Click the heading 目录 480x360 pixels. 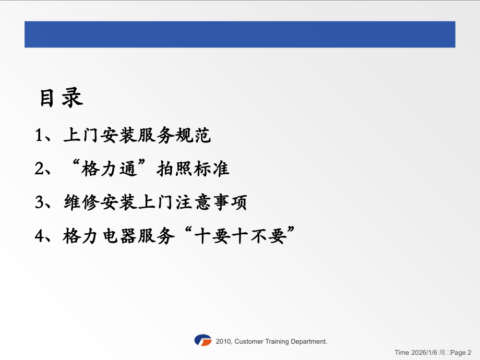62,98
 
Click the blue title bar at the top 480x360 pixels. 239,34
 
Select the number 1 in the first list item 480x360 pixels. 40,136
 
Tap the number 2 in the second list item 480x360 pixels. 40,169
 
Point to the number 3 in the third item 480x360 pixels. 40,202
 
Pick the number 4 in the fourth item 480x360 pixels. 40,236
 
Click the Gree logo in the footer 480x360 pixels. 202,341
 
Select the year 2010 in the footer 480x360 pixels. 223,341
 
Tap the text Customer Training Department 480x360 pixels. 281,341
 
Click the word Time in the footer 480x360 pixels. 402,353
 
